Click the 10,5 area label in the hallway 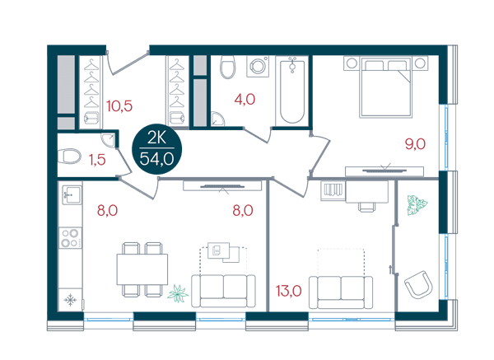point(119,106)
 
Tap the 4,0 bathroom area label point(245,100)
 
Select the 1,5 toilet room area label point(97,160)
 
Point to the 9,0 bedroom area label point(415,144)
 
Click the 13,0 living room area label point(289,291)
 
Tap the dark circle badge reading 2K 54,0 point(157,149)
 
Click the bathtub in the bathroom point(292,91)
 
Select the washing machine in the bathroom point(258,67)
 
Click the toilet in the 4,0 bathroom point(227,67)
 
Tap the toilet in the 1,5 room point(69,156)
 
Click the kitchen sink point(72,194)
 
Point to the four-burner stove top point(70,238)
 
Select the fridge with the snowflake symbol point(70,300)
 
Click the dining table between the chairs point(142,269)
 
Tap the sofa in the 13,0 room point(341,292)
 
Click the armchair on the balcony point(418,284)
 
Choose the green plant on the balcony point(417,204)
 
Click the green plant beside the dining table point(178,293)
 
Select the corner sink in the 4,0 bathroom point(217,119)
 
